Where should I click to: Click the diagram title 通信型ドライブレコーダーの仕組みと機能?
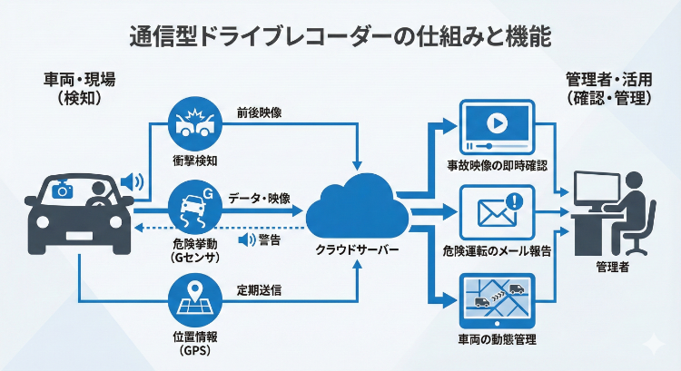pyautogui.click(x=340, y=37)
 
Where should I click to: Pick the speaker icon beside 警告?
pyautogui.click(x=243, y=240)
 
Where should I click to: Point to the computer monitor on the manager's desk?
pyautogui.click(x=600, y=193)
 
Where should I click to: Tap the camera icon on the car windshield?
pyautogui.click(x=62, y=190)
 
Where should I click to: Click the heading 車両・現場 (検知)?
pyautogui.click(x=78, y=89)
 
